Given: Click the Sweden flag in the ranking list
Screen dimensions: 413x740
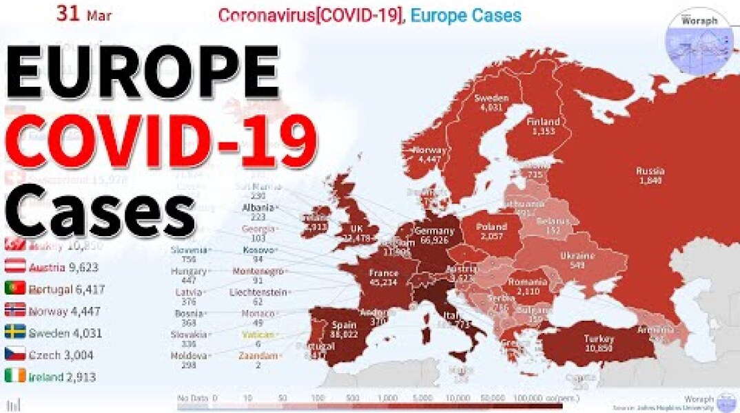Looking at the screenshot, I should [15, 333].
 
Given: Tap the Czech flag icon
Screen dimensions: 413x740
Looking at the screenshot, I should [15, 355].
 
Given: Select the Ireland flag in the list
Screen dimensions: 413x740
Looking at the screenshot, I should [15, 377].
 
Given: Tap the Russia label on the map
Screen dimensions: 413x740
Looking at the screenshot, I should [650, 176].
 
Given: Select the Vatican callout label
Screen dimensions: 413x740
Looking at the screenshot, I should [258, 339].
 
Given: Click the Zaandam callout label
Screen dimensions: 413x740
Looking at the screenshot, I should [258, 360].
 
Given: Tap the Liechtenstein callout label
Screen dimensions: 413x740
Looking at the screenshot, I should [258, 297].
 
